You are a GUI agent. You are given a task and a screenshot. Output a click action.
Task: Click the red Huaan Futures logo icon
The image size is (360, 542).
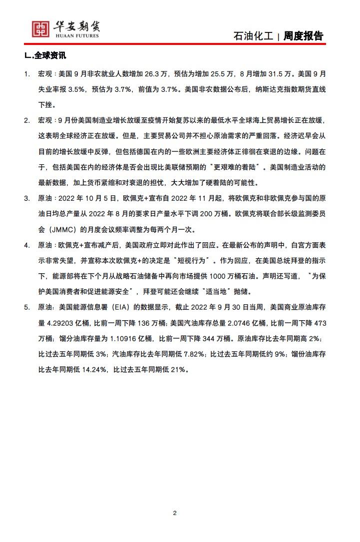pos(40,29)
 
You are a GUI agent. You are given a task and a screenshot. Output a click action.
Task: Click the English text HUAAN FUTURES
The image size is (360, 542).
pos(75,36)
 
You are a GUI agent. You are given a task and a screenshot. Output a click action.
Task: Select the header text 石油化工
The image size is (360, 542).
pos(253,36)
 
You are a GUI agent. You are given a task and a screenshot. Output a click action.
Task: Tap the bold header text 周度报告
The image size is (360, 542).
pos(303,36)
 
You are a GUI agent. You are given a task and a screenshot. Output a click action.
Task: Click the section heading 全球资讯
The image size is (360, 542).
pos(49,56)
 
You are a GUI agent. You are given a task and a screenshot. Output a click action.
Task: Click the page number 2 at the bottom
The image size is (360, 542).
pos(175,513)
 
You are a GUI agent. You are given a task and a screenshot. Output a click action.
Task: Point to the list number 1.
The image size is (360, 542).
pos(27,74)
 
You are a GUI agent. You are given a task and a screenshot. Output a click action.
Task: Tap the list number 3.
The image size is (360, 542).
pos(27,198)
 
